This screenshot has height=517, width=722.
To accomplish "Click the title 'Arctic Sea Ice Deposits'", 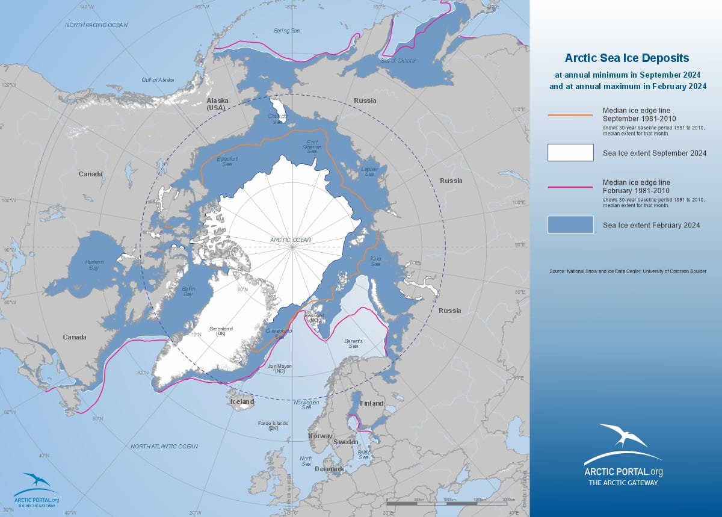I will pyautogui.click(x=626, y=58).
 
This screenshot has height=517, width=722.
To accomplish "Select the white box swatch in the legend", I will pyautogui.click(x=570, y=153).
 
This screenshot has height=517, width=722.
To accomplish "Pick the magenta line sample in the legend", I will pyautogui.click(x=570, y=187).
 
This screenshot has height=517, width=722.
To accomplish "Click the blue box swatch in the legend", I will pyautogui.click(x=570, y=224).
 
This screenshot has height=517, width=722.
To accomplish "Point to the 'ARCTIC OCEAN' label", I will pyautogui.click(x=291, y=240).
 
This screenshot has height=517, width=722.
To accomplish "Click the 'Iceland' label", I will pyautogui.click(x=242, y=401).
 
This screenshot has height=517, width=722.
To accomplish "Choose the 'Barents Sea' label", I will pyautogui.click(x=352, y=344).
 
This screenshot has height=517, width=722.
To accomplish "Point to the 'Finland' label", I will pyautogui.click(x=371, y=403).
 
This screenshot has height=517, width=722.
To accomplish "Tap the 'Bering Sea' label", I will pyautogui.click(x=287, y=30).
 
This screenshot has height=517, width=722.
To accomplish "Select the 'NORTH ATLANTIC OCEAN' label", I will pyautogui.click(x=164, y=446).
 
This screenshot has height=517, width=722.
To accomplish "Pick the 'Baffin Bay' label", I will pyautogui.click(x=188, y=292).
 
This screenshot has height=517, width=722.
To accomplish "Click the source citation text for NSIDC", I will pyautogui.click(x=628, y=272).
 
